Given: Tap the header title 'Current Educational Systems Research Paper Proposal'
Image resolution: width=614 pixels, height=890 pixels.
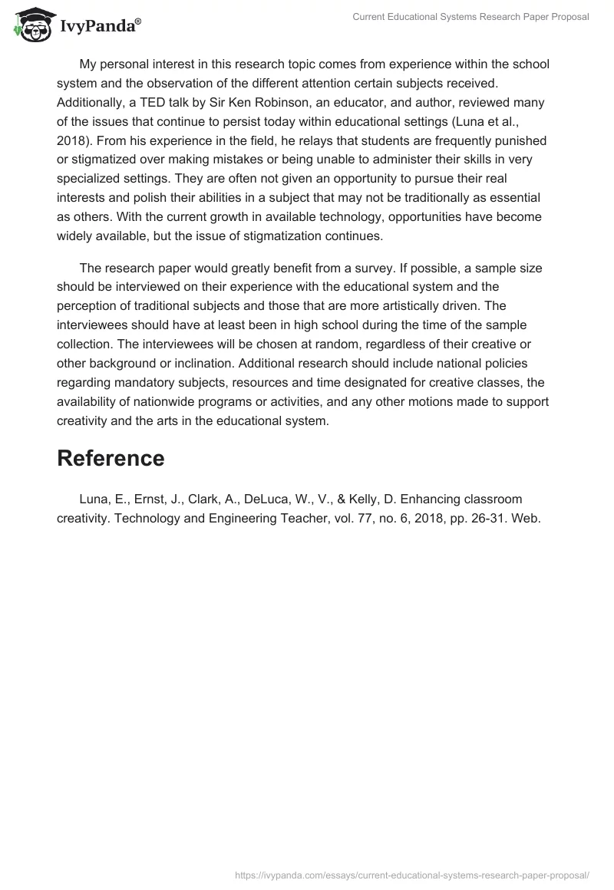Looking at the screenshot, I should pos(470,17).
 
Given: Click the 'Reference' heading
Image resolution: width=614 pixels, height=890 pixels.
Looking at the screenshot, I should pos(111,458).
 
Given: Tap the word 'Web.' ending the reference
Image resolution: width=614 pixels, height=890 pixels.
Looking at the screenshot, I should pos(527,519).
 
